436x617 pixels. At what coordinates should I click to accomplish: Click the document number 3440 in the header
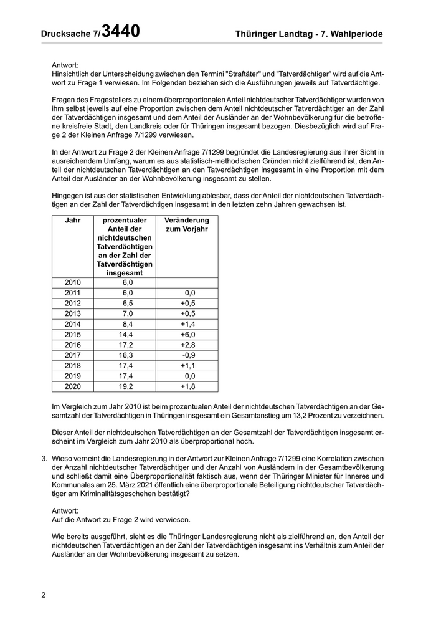click(x=120, y=31)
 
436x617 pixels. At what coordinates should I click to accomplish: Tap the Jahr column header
click(x=73, y=221)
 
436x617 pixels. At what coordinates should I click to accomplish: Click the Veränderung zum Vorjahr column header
click(x=186, y=225)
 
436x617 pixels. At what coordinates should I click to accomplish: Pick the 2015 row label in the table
click(x=73, y=334)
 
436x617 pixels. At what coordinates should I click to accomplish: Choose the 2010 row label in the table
click(x=73, y=282)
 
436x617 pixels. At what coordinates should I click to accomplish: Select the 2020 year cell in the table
click(x=73, y=386)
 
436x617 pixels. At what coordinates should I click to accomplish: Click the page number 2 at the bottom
click(x=44, y=595)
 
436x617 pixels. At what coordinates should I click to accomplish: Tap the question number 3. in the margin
click(x=45, y=459)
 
